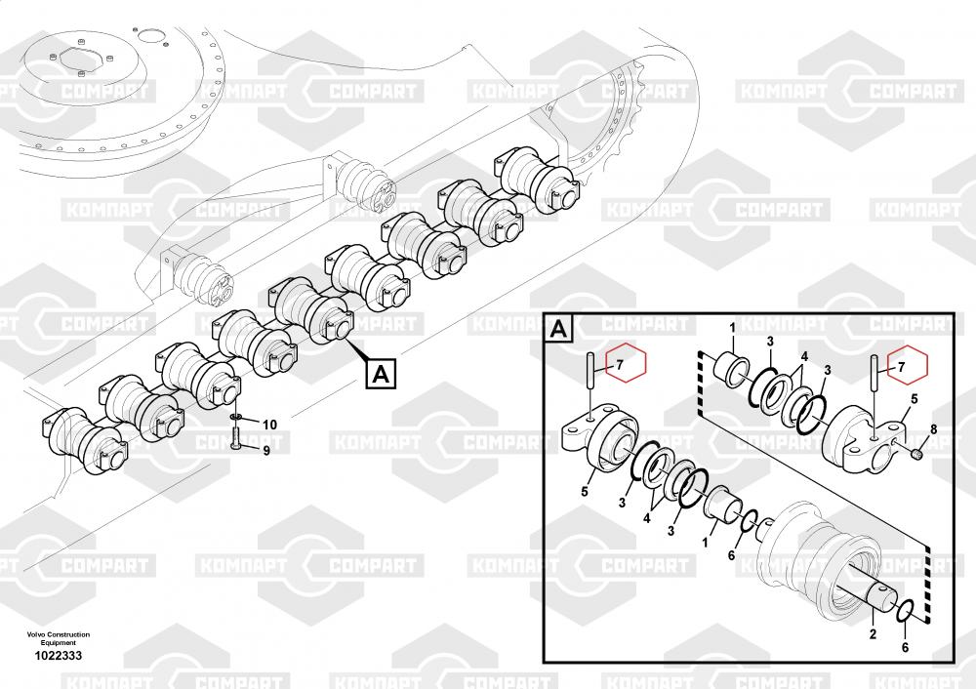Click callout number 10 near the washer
tap(269, 426)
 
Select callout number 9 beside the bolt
tap(266, 450)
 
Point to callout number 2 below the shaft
tap(873, 634)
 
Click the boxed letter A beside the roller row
tap(381, 374)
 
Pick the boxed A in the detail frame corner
tap(558, 328)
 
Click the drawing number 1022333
tap(58, 655)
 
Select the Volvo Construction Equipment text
tap(58, 638)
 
